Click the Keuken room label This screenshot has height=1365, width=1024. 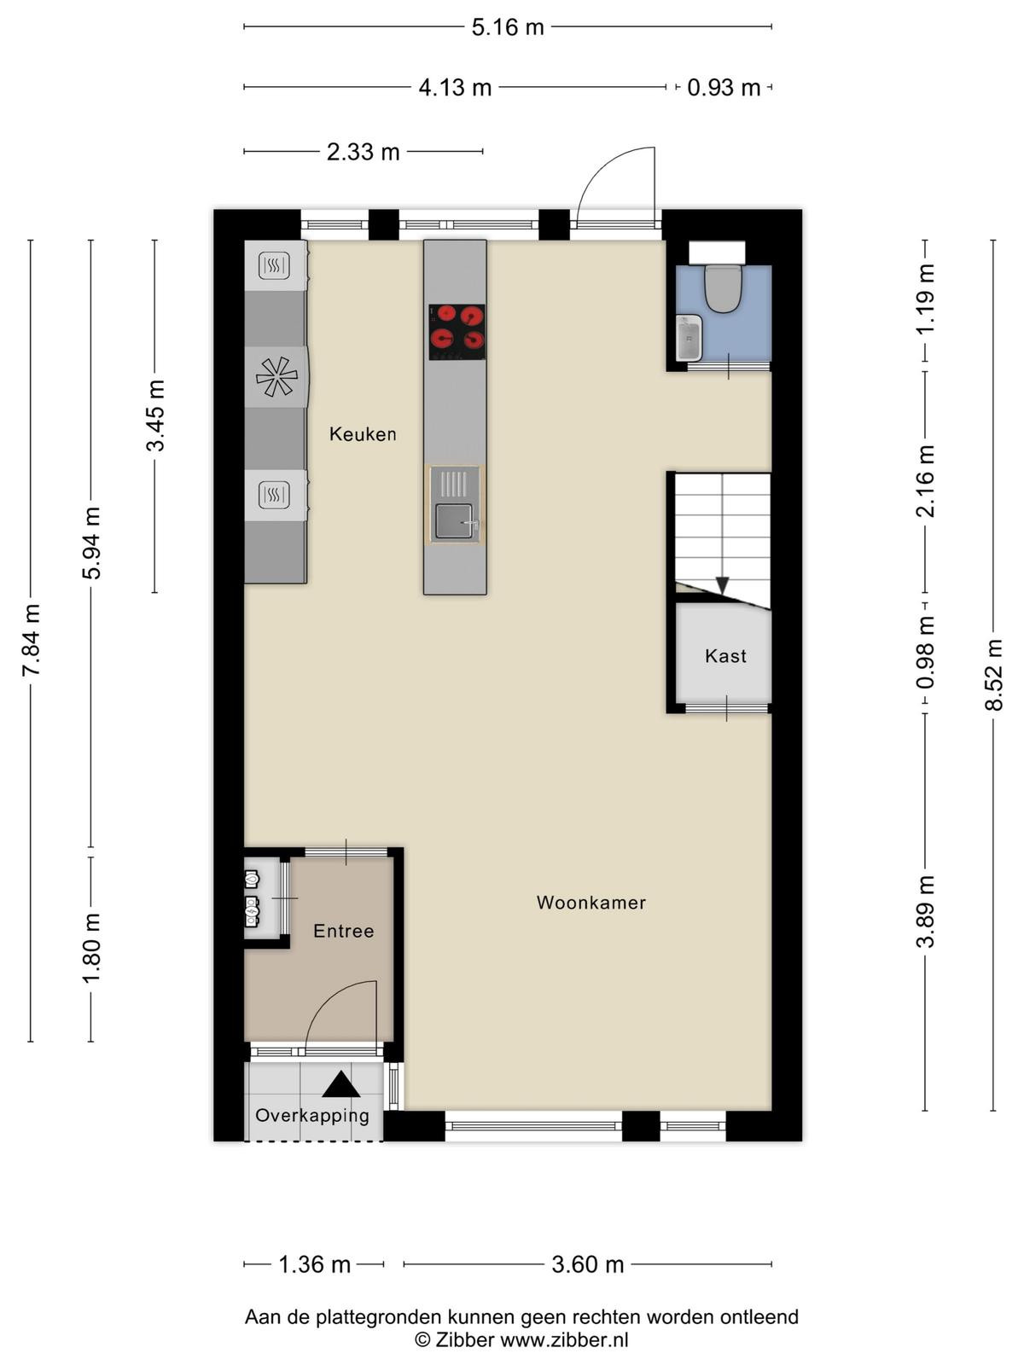click(363, 433)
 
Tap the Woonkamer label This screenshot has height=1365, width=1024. click(591, 903)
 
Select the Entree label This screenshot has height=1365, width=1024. click(343, 930)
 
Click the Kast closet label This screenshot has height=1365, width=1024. click(725, 655)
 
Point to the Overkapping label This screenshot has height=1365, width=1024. click(312, 1115)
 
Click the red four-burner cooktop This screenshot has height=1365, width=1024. click(457, 332)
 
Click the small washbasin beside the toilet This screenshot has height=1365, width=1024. click(689, 338)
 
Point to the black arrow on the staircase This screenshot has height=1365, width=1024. click(722, 585)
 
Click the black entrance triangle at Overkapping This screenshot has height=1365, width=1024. click(340, 1084)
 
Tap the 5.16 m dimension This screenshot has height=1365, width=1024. click(508, 26)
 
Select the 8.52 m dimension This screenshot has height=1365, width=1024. click(994, 675)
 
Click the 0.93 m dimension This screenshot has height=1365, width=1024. click(724, 88)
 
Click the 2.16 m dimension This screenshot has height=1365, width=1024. click(926, 480)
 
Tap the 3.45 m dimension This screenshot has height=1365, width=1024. click(155, 415)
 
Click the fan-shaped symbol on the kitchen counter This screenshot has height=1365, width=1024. click(276, 376)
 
